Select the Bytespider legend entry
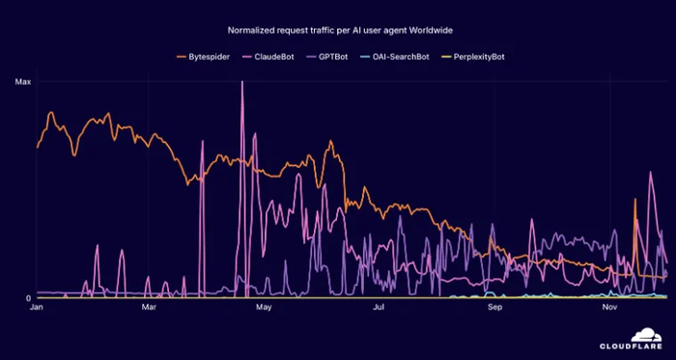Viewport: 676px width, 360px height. pos(210,57)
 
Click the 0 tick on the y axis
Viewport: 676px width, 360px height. pos(28,297)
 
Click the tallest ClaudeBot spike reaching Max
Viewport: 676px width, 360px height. pos(241,85)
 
